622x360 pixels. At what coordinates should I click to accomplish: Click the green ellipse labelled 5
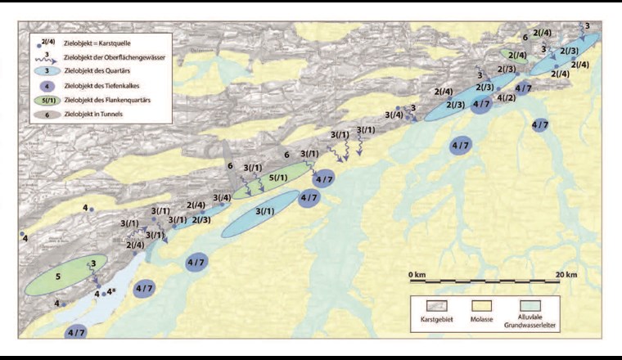(x=57, y=277)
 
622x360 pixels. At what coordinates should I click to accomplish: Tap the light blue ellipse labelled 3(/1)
(x=261, y=213)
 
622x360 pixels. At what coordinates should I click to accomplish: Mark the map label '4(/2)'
(x=506, y=98)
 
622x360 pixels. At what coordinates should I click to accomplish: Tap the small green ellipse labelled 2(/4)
(x=515, y=56)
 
